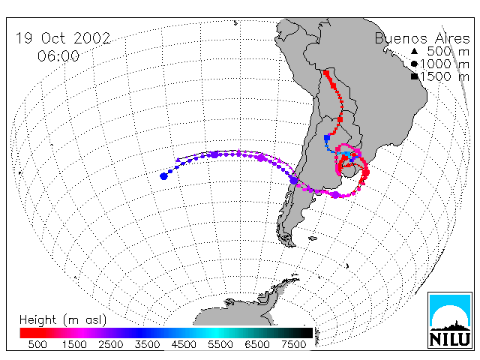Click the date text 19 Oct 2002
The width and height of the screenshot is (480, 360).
63,38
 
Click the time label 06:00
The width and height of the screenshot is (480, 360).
58,56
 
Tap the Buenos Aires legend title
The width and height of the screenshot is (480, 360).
422,38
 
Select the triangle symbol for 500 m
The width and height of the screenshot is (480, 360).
414,51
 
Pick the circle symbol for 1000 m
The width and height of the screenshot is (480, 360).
414,64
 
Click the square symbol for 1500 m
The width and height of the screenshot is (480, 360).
415,76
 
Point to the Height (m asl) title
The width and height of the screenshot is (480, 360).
63,320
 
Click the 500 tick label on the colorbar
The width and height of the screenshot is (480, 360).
37,344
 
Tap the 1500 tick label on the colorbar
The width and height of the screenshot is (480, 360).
74,344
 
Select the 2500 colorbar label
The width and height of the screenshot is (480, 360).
111,344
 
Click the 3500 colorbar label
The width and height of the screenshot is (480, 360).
147,344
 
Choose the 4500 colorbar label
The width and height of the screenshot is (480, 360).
184,344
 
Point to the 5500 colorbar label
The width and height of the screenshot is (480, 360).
220,344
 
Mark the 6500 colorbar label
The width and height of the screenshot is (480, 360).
256,344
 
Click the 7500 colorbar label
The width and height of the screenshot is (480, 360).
293,344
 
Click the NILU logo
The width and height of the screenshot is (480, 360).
450,320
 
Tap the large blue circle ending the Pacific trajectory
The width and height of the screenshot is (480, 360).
163,176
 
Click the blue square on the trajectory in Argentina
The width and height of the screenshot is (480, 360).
327,138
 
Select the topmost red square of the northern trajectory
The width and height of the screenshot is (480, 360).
326,73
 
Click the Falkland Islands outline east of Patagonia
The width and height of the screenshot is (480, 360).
313,238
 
